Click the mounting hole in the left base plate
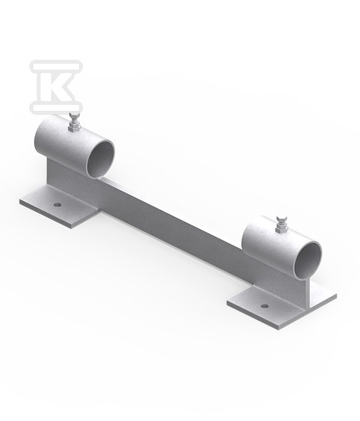[x=57, y=205]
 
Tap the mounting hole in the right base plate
[x=264, y=306]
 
